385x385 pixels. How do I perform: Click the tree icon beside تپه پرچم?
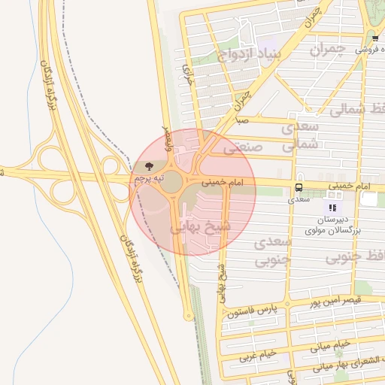pyautogui.click(x=147, y=165)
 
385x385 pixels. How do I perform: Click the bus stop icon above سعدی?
pyautogui.click(x=299, y=187)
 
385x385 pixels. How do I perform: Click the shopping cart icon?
pyautogui.click(x=374, y=38)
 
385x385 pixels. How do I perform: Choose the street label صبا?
pyautogui.click(x=241, y=120)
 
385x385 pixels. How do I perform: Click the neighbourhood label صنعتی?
pyautogui.click(x=246, y=148)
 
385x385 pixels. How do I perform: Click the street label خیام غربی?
pyautogui.click(x=258, y=353)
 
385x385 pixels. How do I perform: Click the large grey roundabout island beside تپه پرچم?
pyautogui.click(x=172, y=181)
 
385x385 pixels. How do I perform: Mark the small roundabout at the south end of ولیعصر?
pyautogui.click(x=189, y=316)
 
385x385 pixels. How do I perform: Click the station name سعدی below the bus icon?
pyautogui.click(x=299, y=200)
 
